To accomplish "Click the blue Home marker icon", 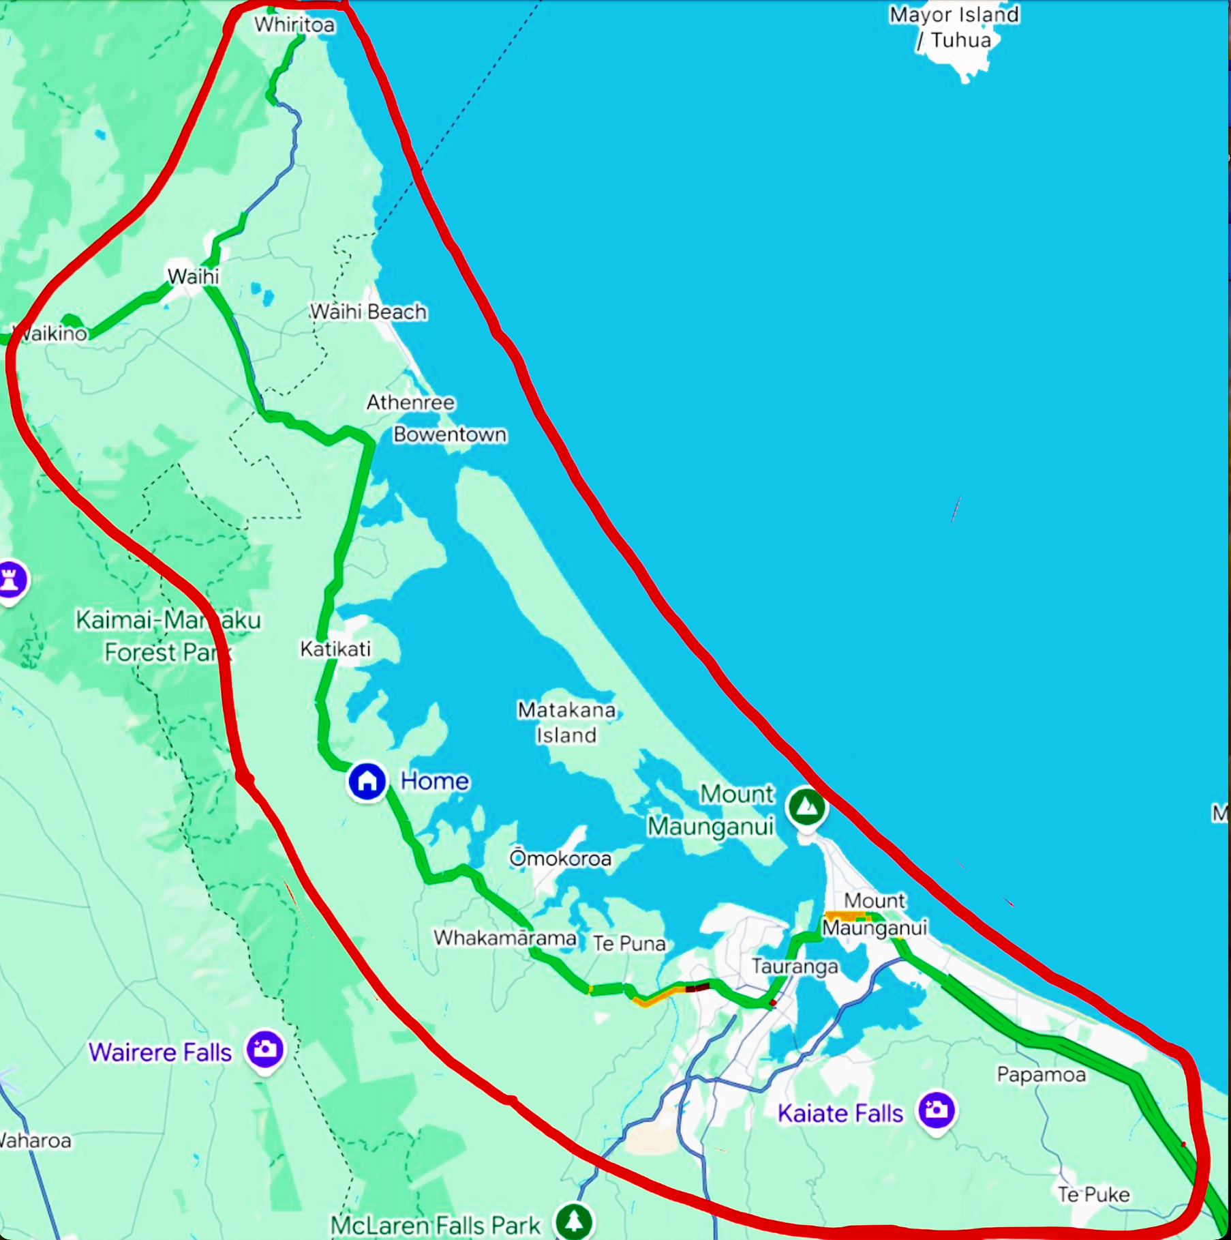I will (x=367, y=781).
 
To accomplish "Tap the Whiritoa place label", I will (x=294, y=25).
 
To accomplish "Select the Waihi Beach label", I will (x=368, y=312).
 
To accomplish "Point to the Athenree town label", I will (x=410, y=402).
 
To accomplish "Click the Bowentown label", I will (x=450, y=434).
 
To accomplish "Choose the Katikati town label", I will (x=335, y=649).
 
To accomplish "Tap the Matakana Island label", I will (x=566, y=722).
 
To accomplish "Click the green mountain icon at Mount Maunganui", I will (x=806, y=807).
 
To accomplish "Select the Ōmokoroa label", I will (x=560, y=858).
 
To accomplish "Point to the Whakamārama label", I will (x=505, y=938).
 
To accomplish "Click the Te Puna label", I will (x=628, y=943).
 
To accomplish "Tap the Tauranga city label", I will (x=795, y=966).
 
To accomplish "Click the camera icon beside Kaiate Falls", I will (x=936, y=1110).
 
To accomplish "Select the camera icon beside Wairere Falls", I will (x=265, y=1048).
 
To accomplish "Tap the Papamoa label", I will (x=1041, y=1075).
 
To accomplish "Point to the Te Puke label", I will (x=1093, y=1194).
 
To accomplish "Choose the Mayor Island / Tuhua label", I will (x=954, y=27).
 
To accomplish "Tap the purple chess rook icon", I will (x=10, y=580).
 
